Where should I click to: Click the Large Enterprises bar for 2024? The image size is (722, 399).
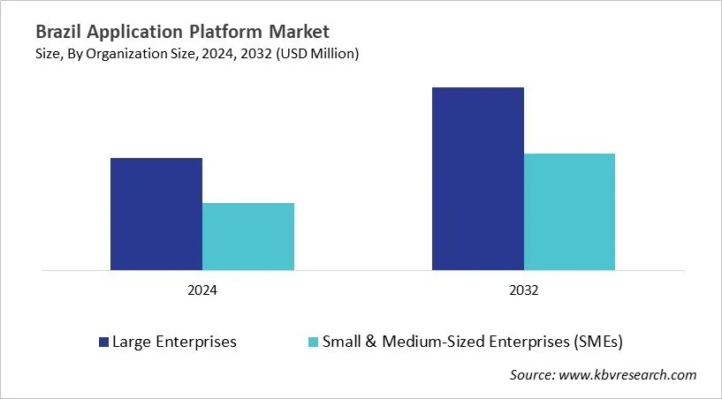[156, 214]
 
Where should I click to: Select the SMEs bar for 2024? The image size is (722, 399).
[248, 237]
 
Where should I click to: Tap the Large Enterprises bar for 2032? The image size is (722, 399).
[477, 178]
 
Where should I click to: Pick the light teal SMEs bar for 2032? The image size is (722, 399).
[569, 212]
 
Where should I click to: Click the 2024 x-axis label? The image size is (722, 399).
[202, 290]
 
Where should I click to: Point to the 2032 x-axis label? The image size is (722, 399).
[523, 290]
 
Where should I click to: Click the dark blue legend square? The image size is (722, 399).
[103, 342]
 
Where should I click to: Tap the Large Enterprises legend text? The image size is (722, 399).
[174, 342]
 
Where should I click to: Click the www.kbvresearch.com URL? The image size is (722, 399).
[629, 375]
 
